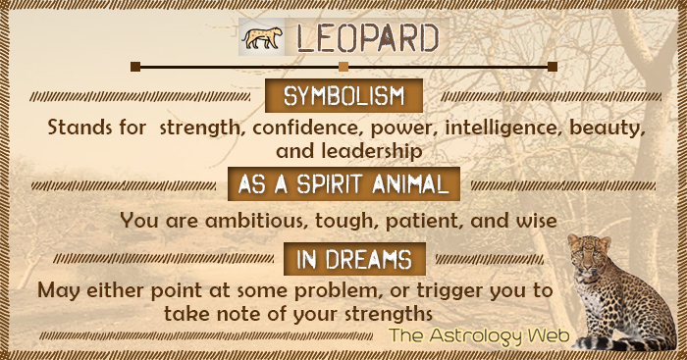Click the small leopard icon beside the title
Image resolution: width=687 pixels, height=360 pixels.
[x=260, y=38]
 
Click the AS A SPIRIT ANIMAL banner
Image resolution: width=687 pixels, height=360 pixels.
[x=344, y=183]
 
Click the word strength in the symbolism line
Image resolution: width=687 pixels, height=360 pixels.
[x=203, y=129]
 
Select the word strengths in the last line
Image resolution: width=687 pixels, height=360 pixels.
[x=385, y=314]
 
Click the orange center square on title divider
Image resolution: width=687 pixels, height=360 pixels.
[x=343, y=67]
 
